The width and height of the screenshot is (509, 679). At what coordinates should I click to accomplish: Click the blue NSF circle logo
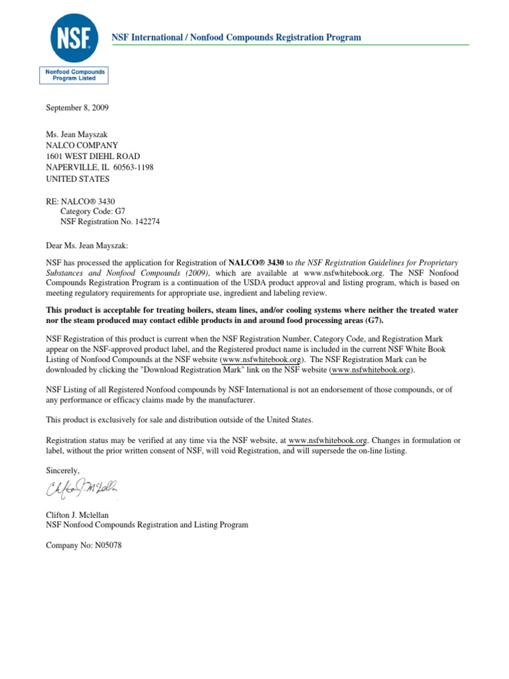coord(74,37)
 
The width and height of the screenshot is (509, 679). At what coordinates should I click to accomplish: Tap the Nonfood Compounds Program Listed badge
coord(74,74)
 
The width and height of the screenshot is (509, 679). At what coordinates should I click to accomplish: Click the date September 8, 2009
coord(77,107)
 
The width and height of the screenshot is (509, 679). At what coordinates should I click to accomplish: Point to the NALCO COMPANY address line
coord(82,145)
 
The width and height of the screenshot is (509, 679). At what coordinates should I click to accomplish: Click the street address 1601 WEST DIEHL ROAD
coord(93,156)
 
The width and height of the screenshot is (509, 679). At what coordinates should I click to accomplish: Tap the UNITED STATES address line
coord(78,178)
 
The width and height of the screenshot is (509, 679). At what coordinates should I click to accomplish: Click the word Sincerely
coord(63,470)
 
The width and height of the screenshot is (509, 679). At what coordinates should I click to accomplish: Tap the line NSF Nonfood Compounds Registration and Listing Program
coord(146,525)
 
